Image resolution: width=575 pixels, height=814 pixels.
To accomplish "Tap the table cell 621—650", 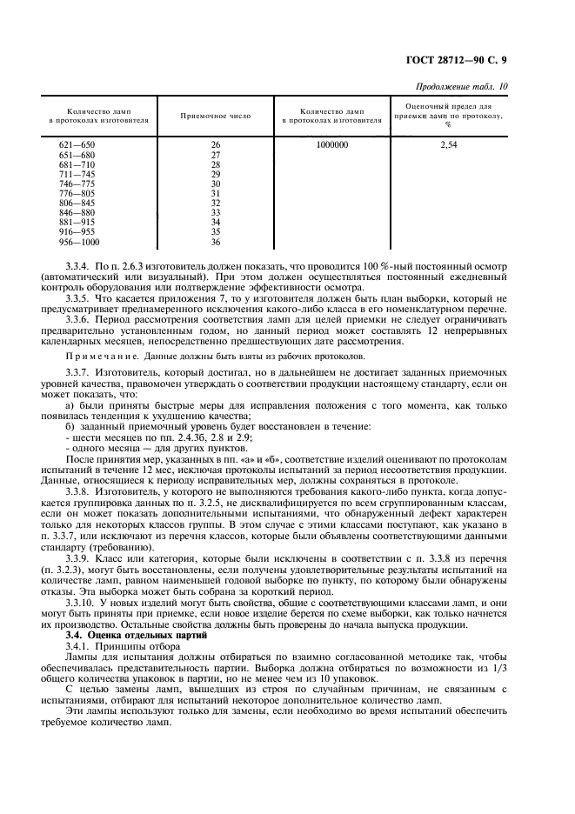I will pos(76,145).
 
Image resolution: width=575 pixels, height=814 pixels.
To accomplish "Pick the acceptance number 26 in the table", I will pos(216,145).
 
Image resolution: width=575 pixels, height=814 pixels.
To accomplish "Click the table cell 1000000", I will pos(332,145).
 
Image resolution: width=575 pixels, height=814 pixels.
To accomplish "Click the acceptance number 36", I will pos(216,242).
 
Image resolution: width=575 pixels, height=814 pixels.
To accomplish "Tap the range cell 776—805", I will pos(76,193).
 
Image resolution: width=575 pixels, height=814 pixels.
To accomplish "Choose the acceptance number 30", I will pos(216,183).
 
